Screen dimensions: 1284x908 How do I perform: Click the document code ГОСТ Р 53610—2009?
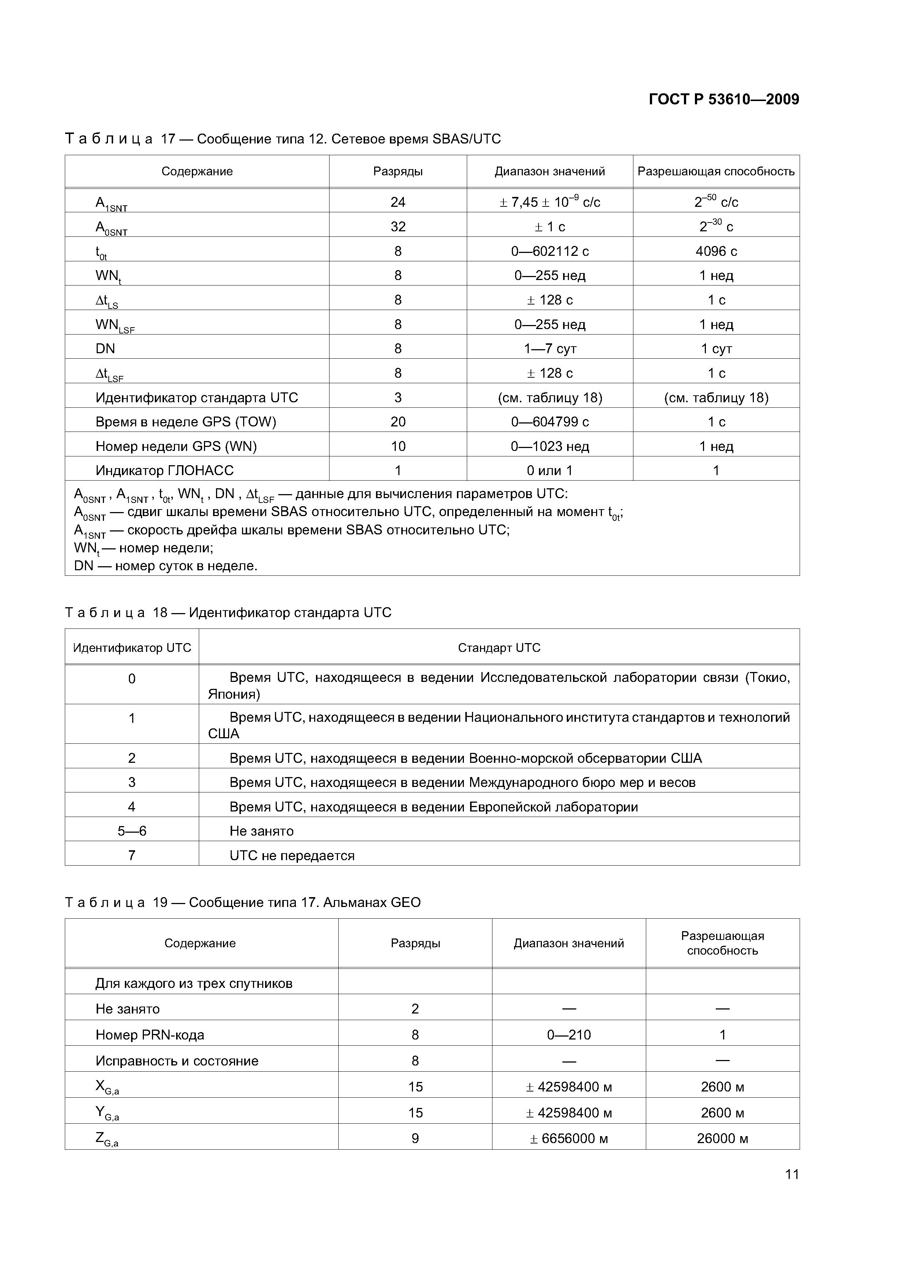pos(723,100)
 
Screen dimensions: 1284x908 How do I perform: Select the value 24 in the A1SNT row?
pos(397,202)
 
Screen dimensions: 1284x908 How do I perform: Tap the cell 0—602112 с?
pos(550,251)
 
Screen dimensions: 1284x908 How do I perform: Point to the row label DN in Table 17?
pos(105,348)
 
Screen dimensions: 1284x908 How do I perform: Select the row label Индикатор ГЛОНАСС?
pos(164,470)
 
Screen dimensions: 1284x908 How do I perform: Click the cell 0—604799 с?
pos(550,422)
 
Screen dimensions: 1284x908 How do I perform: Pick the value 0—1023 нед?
pos(550,446)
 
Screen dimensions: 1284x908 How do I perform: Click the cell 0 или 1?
pos(550,470)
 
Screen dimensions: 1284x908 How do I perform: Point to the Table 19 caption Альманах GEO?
pos(372,903)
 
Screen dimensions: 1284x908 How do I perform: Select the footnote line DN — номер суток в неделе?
pos(165,566)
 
